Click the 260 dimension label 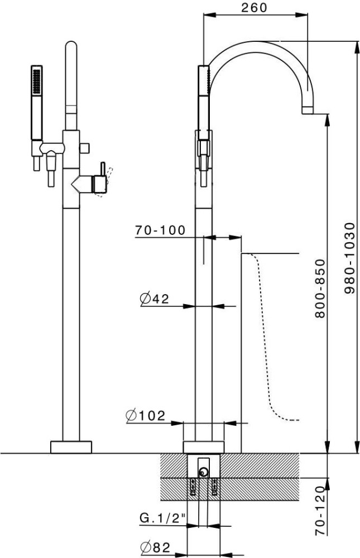[x=254, y=7]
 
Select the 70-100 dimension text [x=160, y=230]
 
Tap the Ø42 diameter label [x=155, y=299]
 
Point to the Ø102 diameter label [x=146, y=415]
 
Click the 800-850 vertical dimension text [x=320, y=288]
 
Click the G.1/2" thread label [x=163, y=518]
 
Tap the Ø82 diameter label [x=155, y=547]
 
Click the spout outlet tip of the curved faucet [x=308, y=110]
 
